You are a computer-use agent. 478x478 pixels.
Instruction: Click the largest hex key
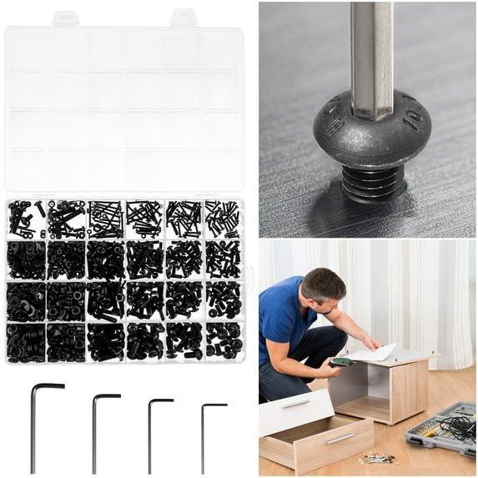click(34, 425)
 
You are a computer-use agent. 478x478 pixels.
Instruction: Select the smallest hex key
click(203, 438)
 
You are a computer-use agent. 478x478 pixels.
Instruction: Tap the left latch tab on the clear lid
click(65, 18)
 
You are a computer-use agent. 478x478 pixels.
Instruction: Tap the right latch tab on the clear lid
click(184, 18)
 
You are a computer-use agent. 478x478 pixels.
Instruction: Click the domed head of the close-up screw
click(371, 138)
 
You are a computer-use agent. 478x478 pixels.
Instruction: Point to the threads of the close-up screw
click(373, 185)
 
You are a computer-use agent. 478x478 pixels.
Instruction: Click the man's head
click(323, 287)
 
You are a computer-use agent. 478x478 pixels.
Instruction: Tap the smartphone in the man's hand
click(340, 362)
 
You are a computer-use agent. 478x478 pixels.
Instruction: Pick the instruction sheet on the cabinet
click(373, 353)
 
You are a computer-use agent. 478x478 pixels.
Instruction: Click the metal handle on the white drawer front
click(295, 404)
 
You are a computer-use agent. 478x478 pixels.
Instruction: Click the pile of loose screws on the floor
click(378, 458)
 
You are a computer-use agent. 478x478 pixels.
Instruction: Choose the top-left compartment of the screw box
click(26, 219)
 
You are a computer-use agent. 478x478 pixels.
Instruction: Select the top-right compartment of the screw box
click(223, 219)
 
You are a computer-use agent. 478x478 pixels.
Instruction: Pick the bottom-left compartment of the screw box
click(26, 341)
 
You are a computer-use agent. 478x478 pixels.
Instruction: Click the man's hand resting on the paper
click(371, 343)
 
